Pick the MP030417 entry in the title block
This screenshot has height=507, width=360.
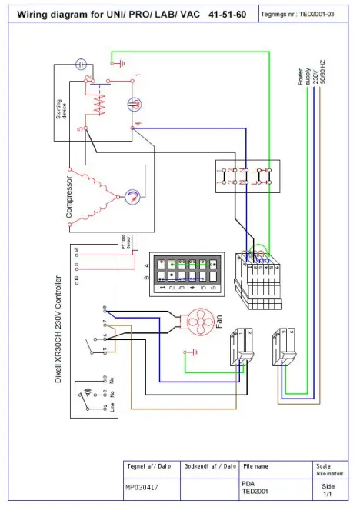click(x=142, y=487)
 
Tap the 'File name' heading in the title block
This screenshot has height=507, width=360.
click(x=256, y=467)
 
